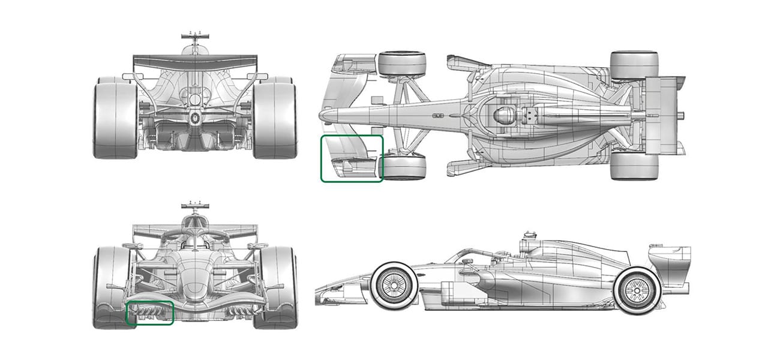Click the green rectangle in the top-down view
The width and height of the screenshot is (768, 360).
pyautogui.click(x=352, y=158)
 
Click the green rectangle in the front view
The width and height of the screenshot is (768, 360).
pyautogui.click(x=149, y=313)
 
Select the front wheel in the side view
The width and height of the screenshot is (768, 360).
pyautogui.click(x=394, y=286)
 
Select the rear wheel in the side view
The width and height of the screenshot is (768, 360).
pyautogui.click(x=637, y=290)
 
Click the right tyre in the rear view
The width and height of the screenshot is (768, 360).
pyautogui.click(x=275, y=118)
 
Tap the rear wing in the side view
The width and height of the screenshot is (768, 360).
pyautogui.click(x=670, y=263)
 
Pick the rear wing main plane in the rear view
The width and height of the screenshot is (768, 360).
pyautogui.click(x=195, y=60)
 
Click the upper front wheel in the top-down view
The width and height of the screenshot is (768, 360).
pyautogui.click(x=402, y=64)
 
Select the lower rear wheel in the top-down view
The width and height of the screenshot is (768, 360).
pyautogui.click(x=634, y=165)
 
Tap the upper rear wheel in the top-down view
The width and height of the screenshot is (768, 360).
pyautogui.click(x=634, y=65)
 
